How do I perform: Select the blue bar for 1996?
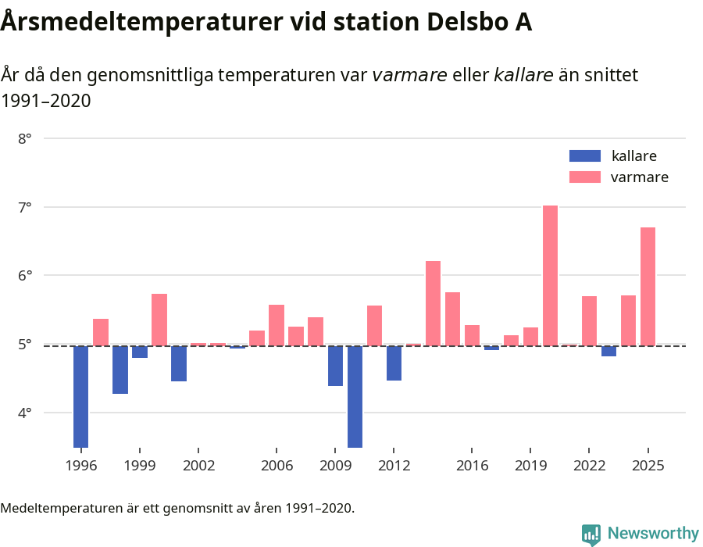(x=81, y=396)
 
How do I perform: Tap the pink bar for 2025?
(x=648, y=286)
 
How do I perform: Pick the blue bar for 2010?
(x=355, y=396)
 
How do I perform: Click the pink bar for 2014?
(x=433, y=303)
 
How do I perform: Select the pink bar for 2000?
(x=159, y=320)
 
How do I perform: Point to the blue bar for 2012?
(x=394, y=363)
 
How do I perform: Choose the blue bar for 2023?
(x=608, y=351)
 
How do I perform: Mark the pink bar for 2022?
(x=589, y=320)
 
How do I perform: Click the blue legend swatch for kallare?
(x=585, y=156)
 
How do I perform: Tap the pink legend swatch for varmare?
(x=585, y=177)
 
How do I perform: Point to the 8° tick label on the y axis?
(x=24, y=139)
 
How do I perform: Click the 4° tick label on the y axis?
(x=24, y=413)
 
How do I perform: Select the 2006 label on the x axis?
(x=277, y=466)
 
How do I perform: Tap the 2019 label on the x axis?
(x=530, y=466)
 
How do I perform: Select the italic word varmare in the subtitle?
(x=409, y=76)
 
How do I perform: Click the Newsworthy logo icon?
(x=591, y=534)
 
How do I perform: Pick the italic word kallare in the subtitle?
(x=523, y=76)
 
